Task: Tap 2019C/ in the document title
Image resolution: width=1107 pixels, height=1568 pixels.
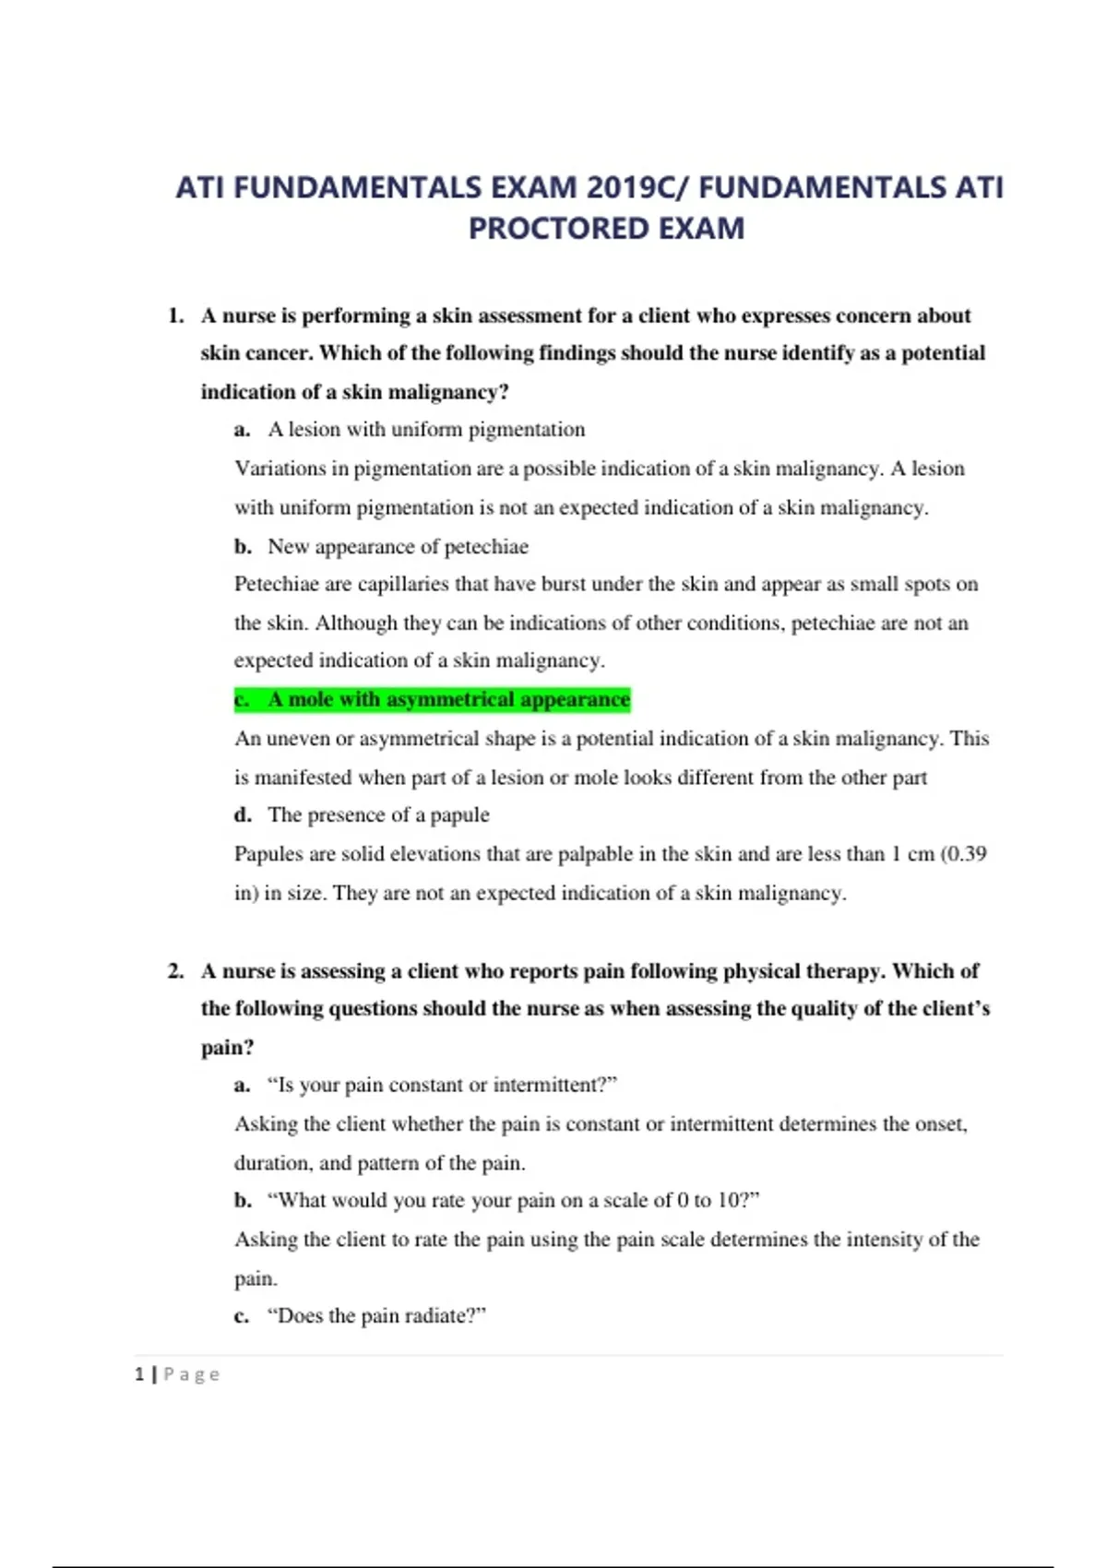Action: point(637,187)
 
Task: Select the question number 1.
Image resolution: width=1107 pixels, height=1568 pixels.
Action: point(175,315)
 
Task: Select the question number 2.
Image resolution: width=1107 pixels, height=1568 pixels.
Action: point(175,970)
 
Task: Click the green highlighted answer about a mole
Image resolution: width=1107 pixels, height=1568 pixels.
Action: point(432,699)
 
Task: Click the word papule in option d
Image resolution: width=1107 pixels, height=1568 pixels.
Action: point(459,814)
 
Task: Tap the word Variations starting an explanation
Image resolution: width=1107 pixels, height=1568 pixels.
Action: point(279,469)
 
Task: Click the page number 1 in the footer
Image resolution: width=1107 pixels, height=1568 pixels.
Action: point(139,1374)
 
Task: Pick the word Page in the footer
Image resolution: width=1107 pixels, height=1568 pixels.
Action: point(192,1374)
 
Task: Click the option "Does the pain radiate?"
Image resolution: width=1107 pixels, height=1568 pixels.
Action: point(376,1315)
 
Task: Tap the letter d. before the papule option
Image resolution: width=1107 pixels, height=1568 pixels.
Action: point(243,814)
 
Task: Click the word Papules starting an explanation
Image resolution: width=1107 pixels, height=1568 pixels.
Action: point(268,853)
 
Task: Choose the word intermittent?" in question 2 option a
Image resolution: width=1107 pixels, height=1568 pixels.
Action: point(554,1085)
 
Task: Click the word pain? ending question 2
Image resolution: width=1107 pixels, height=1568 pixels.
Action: point(227,1048)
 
